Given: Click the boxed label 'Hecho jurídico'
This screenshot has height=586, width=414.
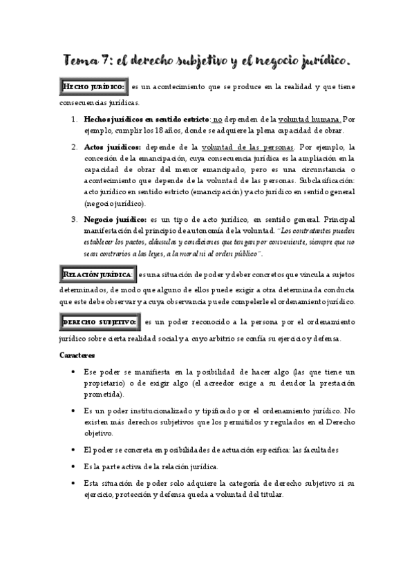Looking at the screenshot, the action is pyautogui.click(x=93, y=87).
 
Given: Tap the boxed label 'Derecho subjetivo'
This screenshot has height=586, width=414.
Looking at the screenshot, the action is pyautogui.click(x=100, y=323).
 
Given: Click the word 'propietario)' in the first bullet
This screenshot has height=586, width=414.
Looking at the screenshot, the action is pyautogui.click(x=107, y=384).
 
